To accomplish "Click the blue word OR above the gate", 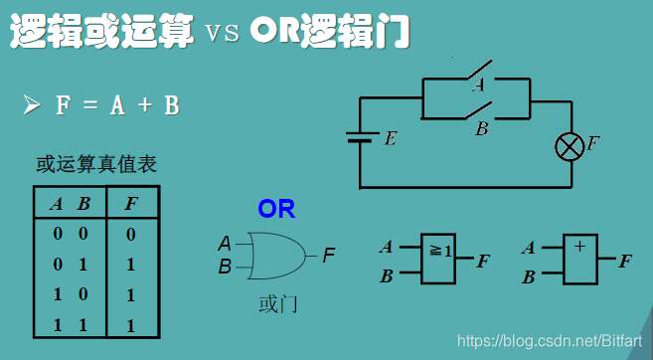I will point(276,210).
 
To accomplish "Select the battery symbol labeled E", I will point(360,138).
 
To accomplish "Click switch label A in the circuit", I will point(478,86).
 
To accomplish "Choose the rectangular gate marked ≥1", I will point(438,260).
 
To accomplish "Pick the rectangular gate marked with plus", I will point(579,260).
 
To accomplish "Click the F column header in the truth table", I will point(131,205).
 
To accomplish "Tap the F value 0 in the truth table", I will point(131,235).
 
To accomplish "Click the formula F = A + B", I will point(117,104).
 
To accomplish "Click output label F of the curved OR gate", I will point(329,255).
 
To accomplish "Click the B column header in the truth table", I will point(84,205).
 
